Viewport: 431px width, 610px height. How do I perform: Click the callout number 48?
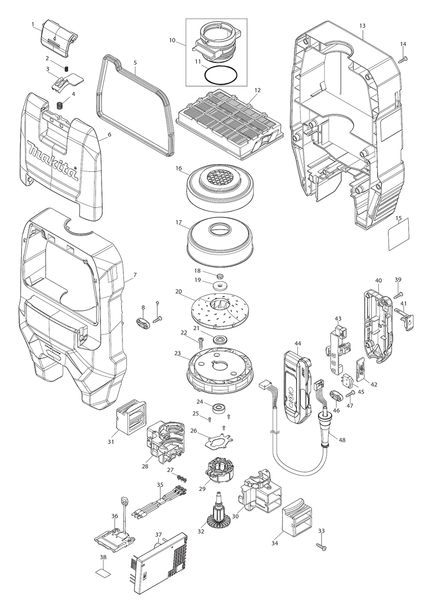point(342,440)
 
